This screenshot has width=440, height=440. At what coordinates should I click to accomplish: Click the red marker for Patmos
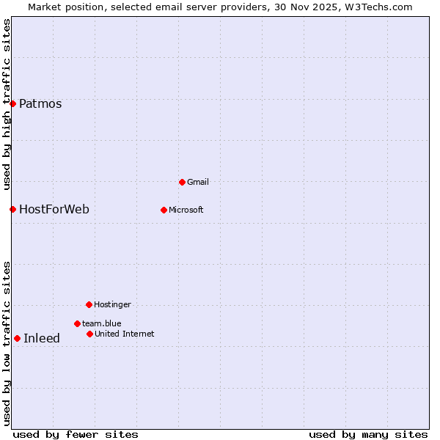click(x=12, y=103)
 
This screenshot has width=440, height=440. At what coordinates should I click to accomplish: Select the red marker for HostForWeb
click(x=12, y=209)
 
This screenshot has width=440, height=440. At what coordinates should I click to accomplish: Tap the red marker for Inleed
click(x=17, y=338)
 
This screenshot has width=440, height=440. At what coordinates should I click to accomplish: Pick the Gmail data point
click(x=182, y=182)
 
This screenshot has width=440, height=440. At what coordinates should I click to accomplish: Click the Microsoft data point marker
click(x=164, y=210)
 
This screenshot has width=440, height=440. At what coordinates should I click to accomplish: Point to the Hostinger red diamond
click(x=89, y=304)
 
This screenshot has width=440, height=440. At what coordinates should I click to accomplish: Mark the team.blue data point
click(x=77, y=323)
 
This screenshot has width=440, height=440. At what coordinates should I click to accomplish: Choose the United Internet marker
click(x=89, y=334)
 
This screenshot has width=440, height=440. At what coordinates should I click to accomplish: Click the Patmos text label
click(x=40, y=103)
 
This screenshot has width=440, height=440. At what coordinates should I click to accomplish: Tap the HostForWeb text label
click(x=54, y=209)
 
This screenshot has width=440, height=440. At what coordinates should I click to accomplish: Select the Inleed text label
click(x=42, y=338)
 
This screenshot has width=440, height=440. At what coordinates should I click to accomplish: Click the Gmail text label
click(x=198, y=182)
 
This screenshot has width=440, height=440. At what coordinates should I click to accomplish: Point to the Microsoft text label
click(x=186, y=210)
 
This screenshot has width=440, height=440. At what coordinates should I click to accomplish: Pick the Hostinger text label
click(x=112, y=304)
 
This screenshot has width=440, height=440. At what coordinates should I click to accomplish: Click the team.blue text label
click(x=102, y=323)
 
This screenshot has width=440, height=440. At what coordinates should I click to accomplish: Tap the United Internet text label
click(x=125, y=334)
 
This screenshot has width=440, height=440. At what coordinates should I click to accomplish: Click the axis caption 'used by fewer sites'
click(x=76, y=434)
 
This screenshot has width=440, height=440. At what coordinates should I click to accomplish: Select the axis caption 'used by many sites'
click(x=368, y=434)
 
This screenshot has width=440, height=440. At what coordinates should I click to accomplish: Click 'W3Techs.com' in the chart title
click(x=379, y=7)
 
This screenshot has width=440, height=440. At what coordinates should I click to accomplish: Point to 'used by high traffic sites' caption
click(x=7, y=104)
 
